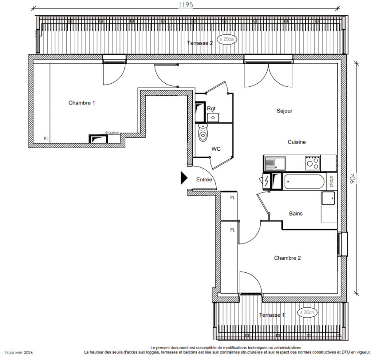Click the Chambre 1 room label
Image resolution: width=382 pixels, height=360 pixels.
click(82, 103)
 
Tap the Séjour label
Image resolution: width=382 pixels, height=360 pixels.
click(284, 111)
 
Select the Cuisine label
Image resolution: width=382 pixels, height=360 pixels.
click(296, 142)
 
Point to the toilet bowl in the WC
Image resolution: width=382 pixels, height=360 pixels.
click(203, 132)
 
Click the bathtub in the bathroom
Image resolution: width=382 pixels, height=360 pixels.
click(304, 182)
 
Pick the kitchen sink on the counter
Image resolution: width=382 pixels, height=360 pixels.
click(276, 163)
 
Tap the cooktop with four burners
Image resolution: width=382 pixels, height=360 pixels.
click(313, 162)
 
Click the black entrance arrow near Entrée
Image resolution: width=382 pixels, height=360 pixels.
click(184, 178)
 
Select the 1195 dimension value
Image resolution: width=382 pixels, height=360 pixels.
click(186, 5)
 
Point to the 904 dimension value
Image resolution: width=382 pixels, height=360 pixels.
click(353, 178)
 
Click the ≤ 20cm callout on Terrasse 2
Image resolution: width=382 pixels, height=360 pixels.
click(227, 39)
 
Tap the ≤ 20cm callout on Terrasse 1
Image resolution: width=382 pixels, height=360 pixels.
click(307, 312)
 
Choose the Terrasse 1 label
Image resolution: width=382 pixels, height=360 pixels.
click(272, 315)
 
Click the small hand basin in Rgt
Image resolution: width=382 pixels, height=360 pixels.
click(213, 117)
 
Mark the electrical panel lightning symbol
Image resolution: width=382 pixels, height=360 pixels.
click(267, 181)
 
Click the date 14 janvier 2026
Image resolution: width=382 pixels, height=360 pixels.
click(18, 352)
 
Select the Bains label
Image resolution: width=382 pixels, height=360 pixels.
click(296, 213)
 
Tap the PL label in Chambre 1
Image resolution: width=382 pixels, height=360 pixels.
click(46, 139)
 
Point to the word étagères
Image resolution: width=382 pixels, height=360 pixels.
click(112, 133)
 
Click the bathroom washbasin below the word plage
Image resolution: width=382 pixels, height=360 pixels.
click(328, 198)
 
